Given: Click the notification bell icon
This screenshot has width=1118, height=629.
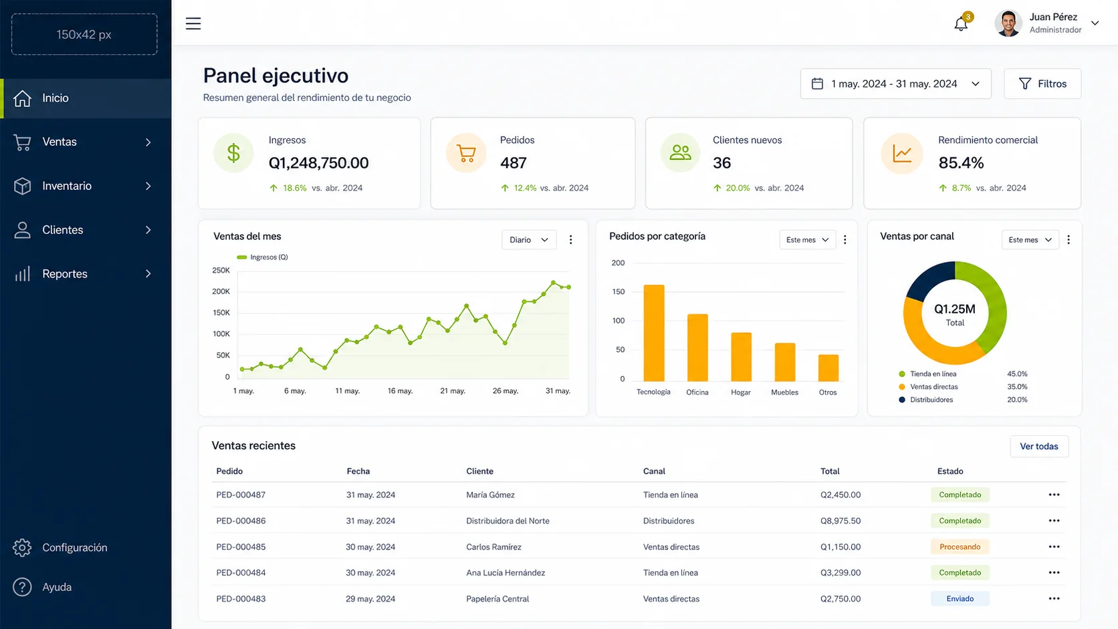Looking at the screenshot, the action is pyautogui.click(x=961, y=24).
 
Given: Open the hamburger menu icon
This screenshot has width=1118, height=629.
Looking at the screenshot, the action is pyautogui.click(x=193, y=23).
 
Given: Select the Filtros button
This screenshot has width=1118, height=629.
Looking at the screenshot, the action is pyautogui.click(x=1042, y=84).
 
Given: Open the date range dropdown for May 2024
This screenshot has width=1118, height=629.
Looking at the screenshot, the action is pyautogui.click(x=895, y=84).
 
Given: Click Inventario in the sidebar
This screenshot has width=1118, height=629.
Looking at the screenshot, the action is pyautogui.click(x=67, y=186).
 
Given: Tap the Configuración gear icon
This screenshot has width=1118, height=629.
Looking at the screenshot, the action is pyautogui.click(x=22, y=547).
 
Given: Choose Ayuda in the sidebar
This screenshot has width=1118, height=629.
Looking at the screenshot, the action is pyautogui.click(x=57, y=587).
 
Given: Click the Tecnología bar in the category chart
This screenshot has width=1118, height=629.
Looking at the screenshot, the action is pyautogui.click(x=654, y=333).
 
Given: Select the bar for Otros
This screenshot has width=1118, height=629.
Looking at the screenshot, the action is pyautogui.click(x=828, y=368).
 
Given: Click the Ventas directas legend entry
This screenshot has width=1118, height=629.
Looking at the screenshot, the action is pyautogui.click(x=928, y=386).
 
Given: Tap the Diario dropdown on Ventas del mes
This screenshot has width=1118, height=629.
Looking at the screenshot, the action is pyautogui.click(x=528, y=240).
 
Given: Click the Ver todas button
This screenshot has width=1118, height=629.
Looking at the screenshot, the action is pyautogui.click(x=1038, y=447).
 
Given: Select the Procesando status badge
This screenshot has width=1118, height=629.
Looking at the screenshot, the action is pyautogui.click(x=960, y=547).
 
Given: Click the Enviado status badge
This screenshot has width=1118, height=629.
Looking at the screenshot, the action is pyautogui.click(x=960, y=598).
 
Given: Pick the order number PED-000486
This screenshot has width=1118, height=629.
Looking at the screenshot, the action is pyautogui.click(x=241, y=521).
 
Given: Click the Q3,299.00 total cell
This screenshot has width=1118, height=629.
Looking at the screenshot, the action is pyautogui.click(x=841, y=573).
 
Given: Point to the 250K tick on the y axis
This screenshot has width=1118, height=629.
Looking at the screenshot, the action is pyautogui.click(x=221, y=270).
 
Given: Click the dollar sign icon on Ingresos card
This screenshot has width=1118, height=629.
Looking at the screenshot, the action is pyautogui.click(x=233, y=152).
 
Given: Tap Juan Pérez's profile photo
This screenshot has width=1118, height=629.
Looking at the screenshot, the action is pyautogui.click(x=1008, y=23).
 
